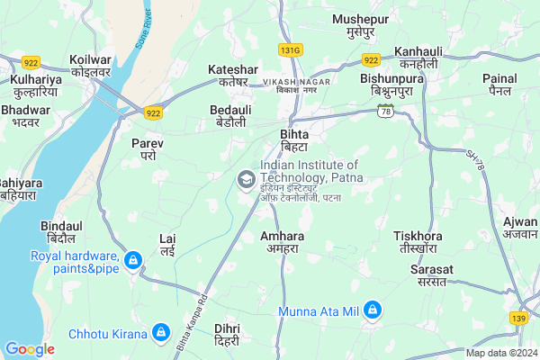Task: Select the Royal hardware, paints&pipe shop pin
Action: [133, 261]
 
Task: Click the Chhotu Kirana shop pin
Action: [161, 333]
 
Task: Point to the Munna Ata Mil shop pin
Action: [373, 311]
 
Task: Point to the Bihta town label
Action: [293, 139]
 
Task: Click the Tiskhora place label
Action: [418, 241]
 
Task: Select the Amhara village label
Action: [282, 241]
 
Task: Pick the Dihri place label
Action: [227, 335]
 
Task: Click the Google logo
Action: [30, 349]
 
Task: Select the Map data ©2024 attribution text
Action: [500, 353]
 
